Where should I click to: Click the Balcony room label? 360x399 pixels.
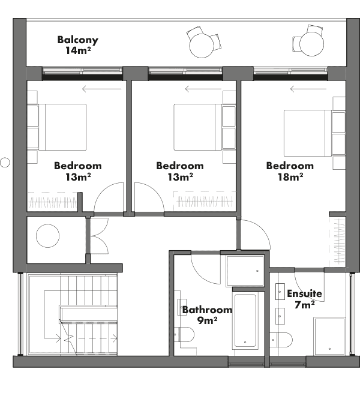pos(77,40)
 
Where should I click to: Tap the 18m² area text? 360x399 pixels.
pos(290,177)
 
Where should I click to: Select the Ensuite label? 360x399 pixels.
pos(304,293)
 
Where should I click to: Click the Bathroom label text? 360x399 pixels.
pos(207,310)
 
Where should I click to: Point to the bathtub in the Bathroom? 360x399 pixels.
pos(245,320)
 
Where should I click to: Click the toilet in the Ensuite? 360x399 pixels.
pos(281,340)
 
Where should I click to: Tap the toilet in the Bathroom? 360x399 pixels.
pos(184,334)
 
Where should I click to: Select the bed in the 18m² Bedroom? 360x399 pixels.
pos(308,133)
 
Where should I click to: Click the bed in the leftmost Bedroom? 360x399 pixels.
pos(62,127)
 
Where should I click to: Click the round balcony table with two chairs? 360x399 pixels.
pos(202,46)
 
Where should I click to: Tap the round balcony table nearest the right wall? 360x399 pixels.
pos(311,44)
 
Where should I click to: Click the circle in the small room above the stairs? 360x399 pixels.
pos(47,236)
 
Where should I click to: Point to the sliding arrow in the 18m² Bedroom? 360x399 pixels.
pos(308,89)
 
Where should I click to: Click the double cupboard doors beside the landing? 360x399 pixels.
pos(99,236)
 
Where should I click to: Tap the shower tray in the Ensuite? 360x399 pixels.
pos(330,336)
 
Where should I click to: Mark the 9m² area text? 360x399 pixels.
pos(207,320)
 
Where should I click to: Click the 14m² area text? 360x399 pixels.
pos(78,50)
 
